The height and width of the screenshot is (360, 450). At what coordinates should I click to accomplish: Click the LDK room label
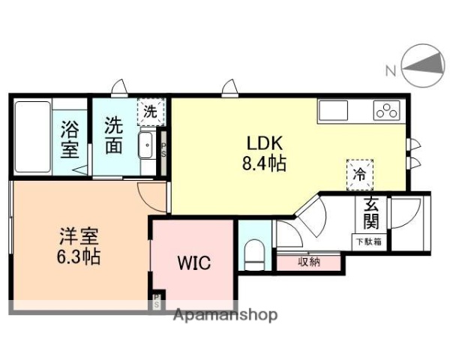(258, 142)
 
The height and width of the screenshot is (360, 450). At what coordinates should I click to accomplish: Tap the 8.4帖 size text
(260, 163)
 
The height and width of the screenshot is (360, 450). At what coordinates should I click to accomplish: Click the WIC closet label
(193, 264)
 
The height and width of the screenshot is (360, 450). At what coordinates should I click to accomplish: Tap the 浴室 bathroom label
(70, 138)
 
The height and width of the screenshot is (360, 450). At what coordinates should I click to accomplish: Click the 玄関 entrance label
(370, 212)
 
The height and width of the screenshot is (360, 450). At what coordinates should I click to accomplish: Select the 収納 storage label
(310, 262)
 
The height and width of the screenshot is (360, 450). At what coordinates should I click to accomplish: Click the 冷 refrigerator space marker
(360, 175)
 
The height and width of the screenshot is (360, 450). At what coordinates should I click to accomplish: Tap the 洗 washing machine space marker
(151, 112)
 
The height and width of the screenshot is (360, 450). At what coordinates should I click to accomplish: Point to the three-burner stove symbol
(387, 112)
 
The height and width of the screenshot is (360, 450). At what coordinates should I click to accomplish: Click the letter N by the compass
(391, 71)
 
